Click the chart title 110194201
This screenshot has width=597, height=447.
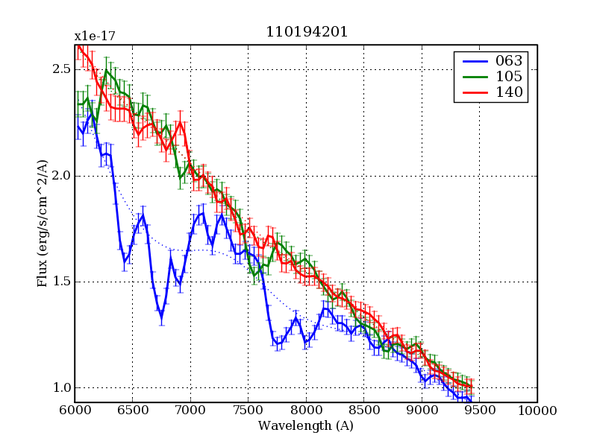(x=307, y=32)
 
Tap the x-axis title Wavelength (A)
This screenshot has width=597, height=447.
(x=305, y=426)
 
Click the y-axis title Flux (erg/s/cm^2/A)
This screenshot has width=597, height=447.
(x=43, y=223)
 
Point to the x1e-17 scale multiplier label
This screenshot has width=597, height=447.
(x=94, y=36)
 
